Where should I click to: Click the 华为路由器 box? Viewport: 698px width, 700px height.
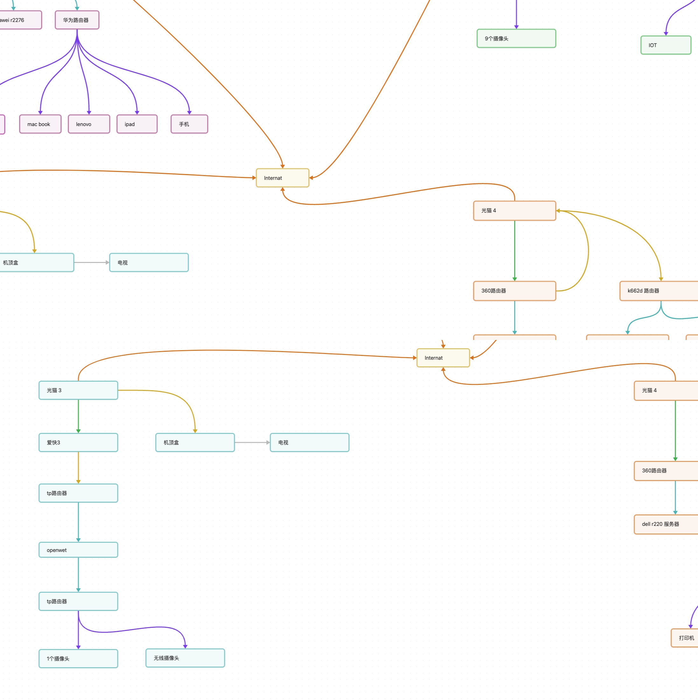click(x=77, y=20)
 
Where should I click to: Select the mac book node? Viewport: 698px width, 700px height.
click(x=40, y=124)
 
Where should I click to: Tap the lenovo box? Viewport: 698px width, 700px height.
click(x=89, y=124)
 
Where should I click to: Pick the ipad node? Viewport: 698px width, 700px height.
click(x=137, y=124)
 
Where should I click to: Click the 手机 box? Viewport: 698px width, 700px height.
click(x=189, y=124)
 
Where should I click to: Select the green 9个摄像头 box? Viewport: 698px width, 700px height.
click(x=516, y=39)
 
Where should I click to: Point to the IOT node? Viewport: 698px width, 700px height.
click(x=666, y=45)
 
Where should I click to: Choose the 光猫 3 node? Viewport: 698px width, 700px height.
click(x=78, y=390)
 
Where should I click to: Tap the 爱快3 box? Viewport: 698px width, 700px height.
click(x=78, y=442)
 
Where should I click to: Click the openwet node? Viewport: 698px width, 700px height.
click(x=78, y=550)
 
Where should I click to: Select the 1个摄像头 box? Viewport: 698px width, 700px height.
click(x=78, y=659)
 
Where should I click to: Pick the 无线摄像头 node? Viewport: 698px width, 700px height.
click(x=185, y=658)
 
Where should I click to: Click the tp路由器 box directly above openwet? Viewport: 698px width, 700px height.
click(x=78, y=493)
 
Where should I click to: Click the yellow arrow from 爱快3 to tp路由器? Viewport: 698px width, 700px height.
click(x=78, y=467)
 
